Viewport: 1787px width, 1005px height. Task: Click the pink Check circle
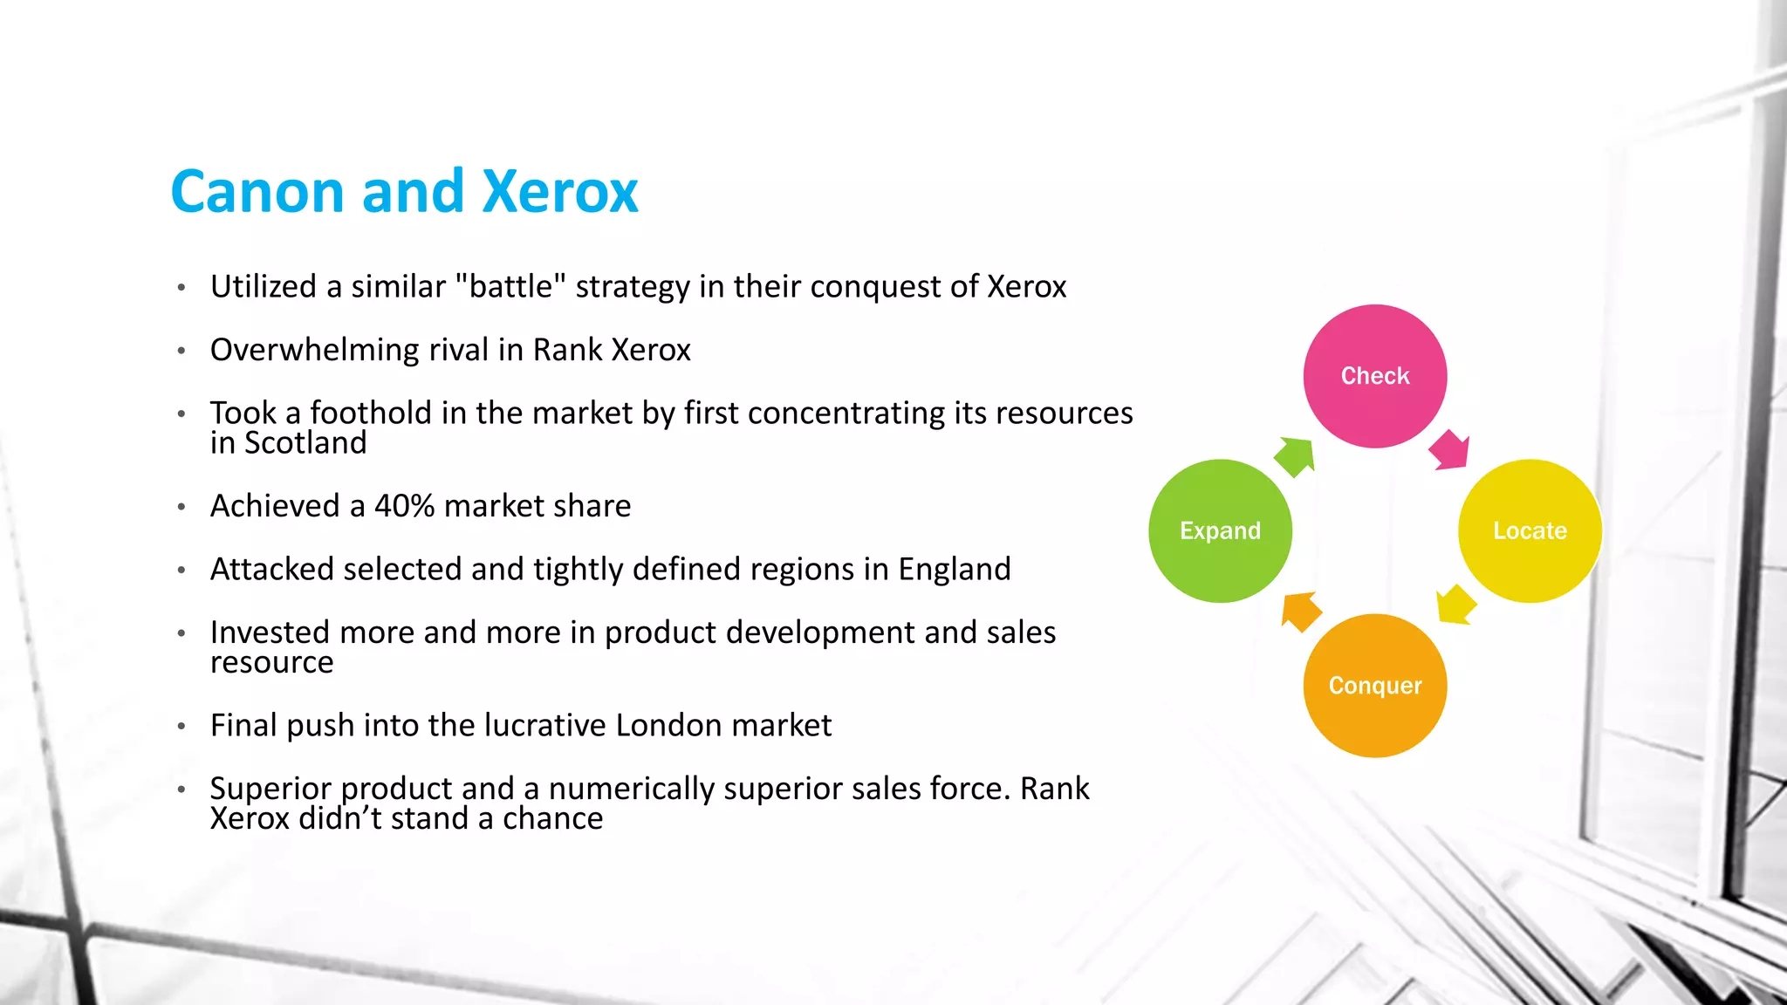tap(1375, 376)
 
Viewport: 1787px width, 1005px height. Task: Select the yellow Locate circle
tap(1530, 530)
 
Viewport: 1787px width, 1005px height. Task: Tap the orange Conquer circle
tap(1375, 686)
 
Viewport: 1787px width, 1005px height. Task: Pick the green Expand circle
tap(1220, 530)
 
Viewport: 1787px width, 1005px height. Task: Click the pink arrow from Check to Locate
tap(1450, 450)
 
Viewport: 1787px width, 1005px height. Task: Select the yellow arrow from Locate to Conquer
tap(1455, 604)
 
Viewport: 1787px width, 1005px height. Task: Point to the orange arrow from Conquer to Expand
tap(1300, 610)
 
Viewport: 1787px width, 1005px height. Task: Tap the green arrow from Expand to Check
tap(1295, 455)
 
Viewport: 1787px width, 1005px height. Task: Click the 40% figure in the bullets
tap(404, 506)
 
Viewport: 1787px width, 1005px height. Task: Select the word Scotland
tap(305, 443)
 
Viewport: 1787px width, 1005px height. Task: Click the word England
tap(955, 570)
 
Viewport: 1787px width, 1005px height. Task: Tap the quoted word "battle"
tap(511, 286)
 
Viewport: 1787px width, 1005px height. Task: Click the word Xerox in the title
tap(560, 192)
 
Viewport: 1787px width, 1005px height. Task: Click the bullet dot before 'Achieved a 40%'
tap(181, 507)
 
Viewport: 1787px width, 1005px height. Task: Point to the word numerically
tap(632, 789)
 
